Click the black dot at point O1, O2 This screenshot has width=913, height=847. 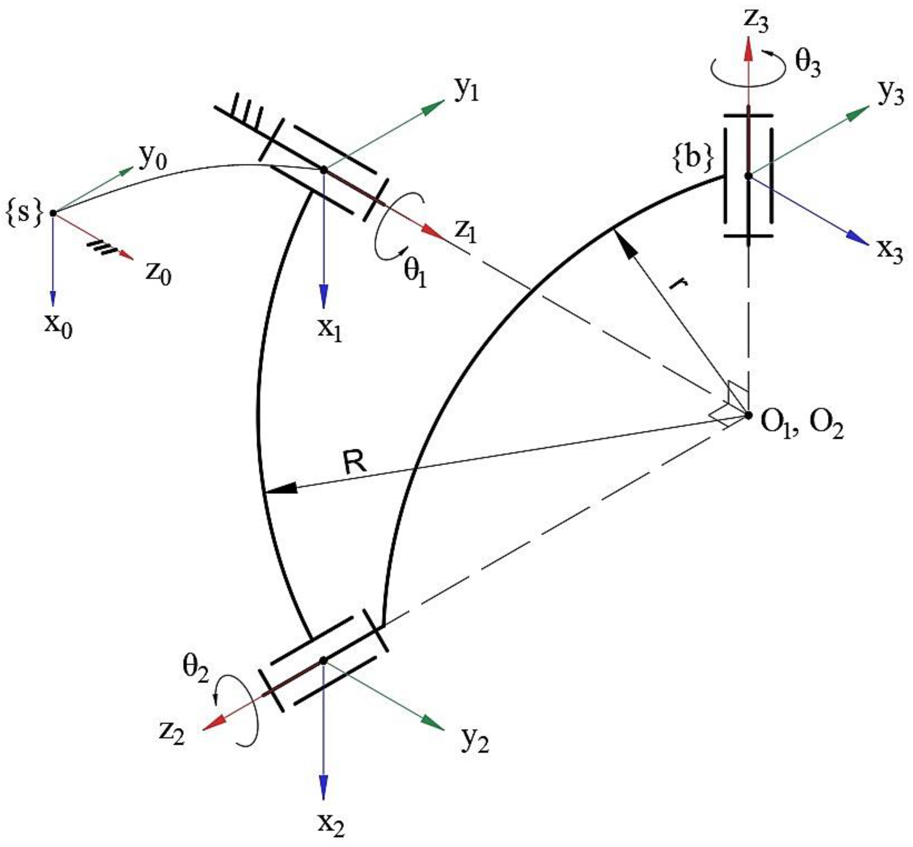coord(749,415)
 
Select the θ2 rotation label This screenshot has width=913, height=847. coord(196,668)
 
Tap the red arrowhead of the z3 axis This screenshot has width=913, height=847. coord(749,48)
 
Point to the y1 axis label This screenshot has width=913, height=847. coord(466,91)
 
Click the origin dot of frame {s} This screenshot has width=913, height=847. coord(53,213)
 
